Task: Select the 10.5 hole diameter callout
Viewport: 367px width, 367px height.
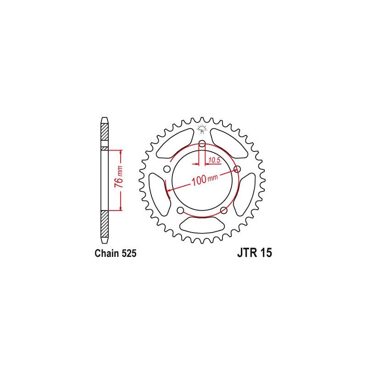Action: [214, 160]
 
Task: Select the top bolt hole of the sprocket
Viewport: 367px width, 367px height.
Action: [202, 145]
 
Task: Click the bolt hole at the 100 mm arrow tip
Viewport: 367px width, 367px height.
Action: [237, 169]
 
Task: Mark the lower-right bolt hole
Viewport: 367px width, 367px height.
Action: [224, 210]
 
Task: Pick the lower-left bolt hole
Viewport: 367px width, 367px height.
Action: [180, 210]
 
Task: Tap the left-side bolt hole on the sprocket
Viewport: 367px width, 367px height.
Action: [167, 170]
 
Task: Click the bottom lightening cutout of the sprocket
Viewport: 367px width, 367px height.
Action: [202, 225]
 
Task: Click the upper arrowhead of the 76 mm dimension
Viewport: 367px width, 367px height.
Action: [121, 152]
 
